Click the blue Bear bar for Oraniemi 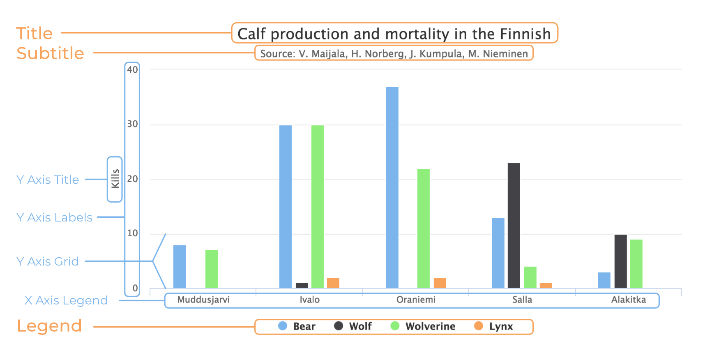coord(392,187)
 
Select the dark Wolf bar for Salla coord(514,226)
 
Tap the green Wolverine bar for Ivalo coord(317,207)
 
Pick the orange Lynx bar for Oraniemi coord(440,283)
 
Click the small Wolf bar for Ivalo coord(302,286)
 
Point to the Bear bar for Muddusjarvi coord(179,267)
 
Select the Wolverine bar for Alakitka coord(636,264)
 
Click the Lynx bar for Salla coord(546,286)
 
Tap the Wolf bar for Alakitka coord(620,261)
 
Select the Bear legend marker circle coord(283,326)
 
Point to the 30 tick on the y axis coord(132,124)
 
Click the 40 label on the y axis coord(132,69)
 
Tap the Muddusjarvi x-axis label coord(203,300)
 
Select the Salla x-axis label coord(522,300)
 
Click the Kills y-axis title coord(115,179)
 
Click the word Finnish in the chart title coord(525,34)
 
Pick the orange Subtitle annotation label coord(50,53)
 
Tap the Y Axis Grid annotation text coord(48,261)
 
